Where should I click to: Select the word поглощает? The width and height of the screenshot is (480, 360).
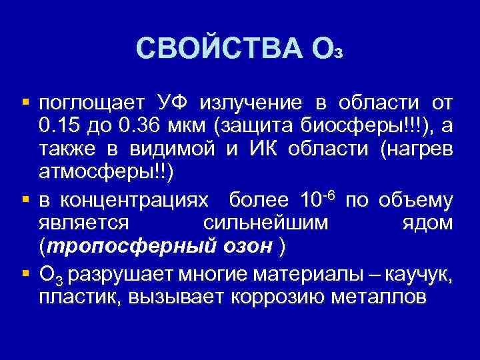point(91,104)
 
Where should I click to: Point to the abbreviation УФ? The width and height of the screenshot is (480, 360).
point(173,104)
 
